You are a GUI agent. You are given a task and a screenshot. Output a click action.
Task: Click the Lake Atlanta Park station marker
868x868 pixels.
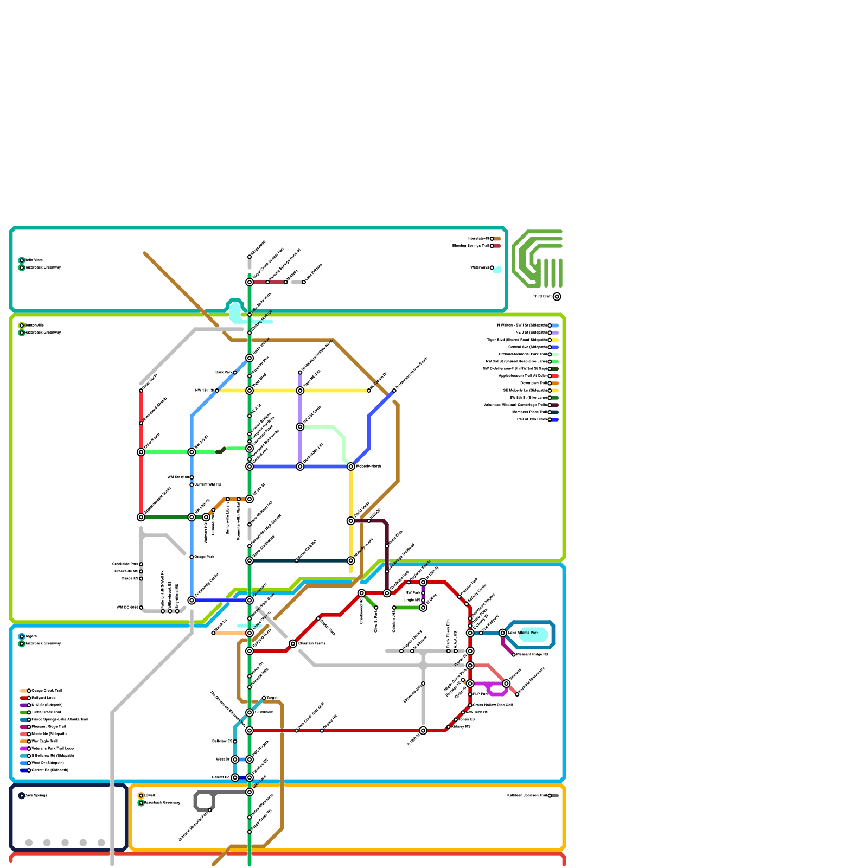[x=503, y=633]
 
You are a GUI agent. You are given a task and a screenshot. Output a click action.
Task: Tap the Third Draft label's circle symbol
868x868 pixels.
[x=557, y=296]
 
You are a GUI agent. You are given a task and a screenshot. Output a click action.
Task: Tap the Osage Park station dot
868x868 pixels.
[x=192, y=557]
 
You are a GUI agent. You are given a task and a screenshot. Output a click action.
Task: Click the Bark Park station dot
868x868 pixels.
[x=235, y=372]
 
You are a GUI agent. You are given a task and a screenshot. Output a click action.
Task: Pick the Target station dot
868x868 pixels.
[x=264, y=698]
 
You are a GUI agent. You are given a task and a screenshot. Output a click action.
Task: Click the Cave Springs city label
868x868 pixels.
[x=36, y=795]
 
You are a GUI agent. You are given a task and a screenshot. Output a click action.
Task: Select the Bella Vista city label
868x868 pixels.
[x=34, y=260]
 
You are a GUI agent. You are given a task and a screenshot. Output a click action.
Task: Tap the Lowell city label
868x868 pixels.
[x=149, y=795]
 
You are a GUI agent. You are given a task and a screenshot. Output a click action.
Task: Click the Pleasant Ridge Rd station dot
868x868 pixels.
[x=514, y=654]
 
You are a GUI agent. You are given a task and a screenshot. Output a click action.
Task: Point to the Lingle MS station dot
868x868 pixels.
[x=423, y=600]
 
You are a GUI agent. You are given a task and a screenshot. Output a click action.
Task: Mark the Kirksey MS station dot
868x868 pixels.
[x=449, y=727]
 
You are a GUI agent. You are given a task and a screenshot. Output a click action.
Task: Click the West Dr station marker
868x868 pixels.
[x=235, y=759]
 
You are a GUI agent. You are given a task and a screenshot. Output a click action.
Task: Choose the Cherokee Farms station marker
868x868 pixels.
[x=293, y=643]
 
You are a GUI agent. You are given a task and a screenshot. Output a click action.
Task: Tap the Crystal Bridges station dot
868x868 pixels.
[x=250, y=434]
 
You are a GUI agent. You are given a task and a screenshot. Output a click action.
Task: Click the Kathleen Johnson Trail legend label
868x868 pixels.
[x=527, y=795]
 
